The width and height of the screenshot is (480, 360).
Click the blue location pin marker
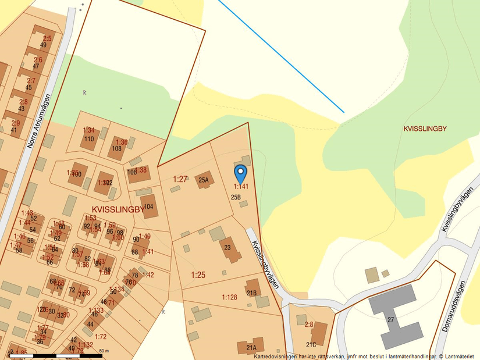click(x=240, y=173)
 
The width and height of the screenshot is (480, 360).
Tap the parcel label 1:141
click(x=241, y=187)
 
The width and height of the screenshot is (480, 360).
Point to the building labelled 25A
click(x=204, y=180)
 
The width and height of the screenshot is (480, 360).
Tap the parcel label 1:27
click(x=180, y=179)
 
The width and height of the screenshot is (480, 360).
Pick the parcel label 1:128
click(x=229, y=297)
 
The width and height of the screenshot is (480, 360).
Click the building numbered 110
click(x=89, y=138)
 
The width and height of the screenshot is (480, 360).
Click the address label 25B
click(x=236, y=197)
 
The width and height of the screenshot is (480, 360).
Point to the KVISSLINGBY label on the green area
click(x=425, y=129)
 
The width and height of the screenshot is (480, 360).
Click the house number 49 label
click(x=43, y=45)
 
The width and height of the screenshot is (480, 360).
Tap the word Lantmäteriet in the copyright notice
click(x=460, y=356)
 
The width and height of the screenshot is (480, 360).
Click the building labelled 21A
click(x=250, y=346)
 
